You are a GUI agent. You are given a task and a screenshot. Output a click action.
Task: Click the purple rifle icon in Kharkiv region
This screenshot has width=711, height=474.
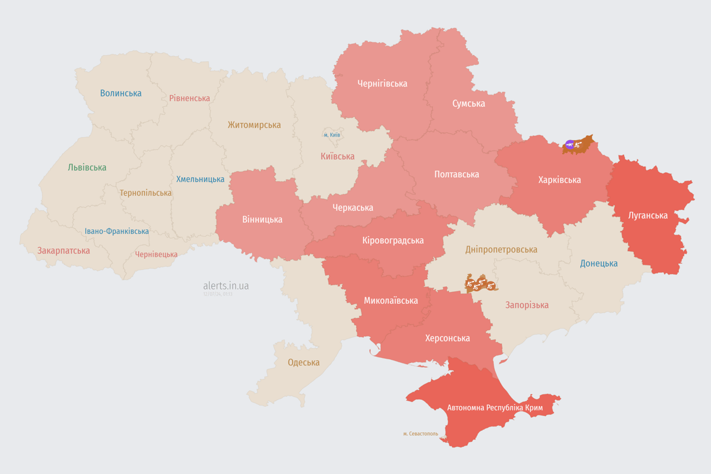(569, 145)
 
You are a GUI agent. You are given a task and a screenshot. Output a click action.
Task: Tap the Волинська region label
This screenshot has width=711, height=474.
(121, 93)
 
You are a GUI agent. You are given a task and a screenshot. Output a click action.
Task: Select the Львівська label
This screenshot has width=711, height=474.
(87, 167)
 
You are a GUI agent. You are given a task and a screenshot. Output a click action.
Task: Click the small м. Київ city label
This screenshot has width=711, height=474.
(332, 135)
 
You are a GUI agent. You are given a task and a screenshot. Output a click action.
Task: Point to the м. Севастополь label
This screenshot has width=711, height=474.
(420, 434)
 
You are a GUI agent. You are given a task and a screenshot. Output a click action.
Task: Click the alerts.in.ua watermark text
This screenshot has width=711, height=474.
(226, 286)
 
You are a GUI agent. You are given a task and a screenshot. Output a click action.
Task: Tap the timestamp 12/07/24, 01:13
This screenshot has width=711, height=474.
(218, 294)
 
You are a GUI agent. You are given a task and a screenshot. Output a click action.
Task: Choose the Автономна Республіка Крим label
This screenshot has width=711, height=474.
(496, 408)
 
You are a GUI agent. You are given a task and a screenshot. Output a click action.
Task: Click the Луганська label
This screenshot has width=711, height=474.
(648, 215)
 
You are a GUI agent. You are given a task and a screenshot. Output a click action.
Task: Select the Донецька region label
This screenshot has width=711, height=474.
(599, 264)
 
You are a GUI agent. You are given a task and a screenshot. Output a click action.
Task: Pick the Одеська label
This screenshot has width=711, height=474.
(304, 362)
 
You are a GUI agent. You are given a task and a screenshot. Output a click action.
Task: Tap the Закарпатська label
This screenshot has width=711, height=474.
(64, 251)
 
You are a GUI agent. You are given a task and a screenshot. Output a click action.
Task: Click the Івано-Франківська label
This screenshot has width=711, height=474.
(117, 231)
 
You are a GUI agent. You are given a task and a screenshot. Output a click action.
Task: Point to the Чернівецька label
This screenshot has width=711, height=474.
(156, 254)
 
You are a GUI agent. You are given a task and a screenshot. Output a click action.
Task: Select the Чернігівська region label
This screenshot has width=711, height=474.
(382, 83)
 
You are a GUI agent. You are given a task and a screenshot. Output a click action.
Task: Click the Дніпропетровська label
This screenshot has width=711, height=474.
(501, 250)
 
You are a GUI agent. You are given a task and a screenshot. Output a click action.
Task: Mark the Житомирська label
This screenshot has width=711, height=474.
(254, 125)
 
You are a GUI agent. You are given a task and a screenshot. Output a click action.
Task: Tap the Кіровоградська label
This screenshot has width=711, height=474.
(393, 240)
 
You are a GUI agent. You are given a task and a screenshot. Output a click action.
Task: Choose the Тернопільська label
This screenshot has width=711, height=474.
(146, 193)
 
